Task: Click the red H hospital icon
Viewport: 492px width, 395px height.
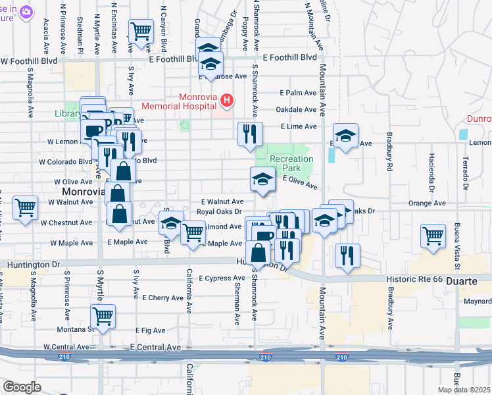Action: coord(227,100)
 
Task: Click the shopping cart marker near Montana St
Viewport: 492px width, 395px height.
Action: coord(103,316)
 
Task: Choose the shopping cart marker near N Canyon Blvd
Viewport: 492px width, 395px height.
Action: coord(141,30)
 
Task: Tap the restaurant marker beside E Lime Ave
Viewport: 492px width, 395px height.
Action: coord(250,134)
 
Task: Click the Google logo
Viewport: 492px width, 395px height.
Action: coord(22,387)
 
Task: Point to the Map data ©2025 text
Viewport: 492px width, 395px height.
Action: coord(464,390)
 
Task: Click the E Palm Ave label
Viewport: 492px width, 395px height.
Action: coord(298,93)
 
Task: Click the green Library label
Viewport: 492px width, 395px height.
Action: coord(67,113)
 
